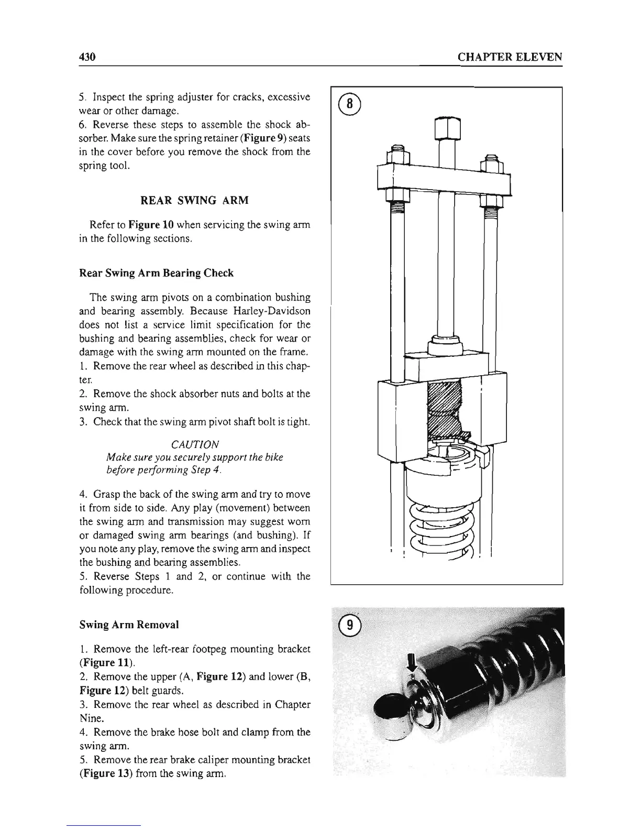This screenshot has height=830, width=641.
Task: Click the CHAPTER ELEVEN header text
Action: (510, 57)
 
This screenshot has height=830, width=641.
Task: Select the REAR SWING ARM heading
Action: (195, 200)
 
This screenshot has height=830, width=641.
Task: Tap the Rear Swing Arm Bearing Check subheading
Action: (156, 273)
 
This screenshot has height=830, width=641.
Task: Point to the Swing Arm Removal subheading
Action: (129, 625)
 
